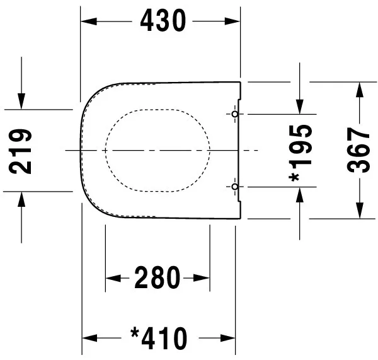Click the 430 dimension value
[x=163, y=21]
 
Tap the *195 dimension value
[x=301, y=151]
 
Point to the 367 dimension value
[x=360, y=151]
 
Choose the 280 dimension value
[x=157, y=278]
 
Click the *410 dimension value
[x=158, y=339]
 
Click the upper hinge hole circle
[x=234, y=114]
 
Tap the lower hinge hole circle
[x=234, y=187]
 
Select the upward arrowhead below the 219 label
[x=22, y=199]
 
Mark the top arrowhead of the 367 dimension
[x=360, y=90]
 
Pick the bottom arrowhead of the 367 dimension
[x=360, y=211]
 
